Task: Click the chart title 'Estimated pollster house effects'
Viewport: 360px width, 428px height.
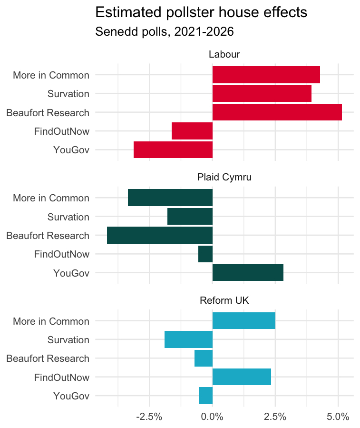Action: point(201,12)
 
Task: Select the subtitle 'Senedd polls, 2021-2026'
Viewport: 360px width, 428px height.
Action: point(165,32)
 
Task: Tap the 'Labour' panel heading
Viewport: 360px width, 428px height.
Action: point(224,54)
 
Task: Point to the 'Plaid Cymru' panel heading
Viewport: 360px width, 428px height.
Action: point(224,177)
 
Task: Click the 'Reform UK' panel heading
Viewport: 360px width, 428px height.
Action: point(224,300)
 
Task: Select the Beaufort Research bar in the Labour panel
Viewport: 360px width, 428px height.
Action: point(277,112)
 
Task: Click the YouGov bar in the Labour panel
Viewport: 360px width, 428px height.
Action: point(173,150)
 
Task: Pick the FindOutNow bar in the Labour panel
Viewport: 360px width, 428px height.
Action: point(192,131)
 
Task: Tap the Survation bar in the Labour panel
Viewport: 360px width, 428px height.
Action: point(262,94)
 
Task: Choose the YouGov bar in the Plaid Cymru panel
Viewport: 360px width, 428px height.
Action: point(248,273)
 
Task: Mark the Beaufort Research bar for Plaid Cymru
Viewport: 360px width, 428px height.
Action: point(160,235)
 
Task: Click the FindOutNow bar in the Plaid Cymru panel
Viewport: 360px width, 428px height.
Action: point(205,254)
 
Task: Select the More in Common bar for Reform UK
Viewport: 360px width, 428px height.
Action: point(243,321)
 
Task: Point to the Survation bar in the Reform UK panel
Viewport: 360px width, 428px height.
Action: point(188,340)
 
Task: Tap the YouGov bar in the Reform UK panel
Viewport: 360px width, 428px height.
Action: point(206,396)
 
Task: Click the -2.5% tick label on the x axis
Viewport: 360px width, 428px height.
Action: point(149,417)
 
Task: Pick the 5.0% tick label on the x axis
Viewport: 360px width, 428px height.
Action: point(338,417)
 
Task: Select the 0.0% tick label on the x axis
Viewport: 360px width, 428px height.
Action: point(212,417)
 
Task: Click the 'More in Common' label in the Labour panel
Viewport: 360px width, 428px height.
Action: point(51,75)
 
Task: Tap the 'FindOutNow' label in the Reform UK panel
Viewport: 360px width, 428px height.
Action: point(61,377)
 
